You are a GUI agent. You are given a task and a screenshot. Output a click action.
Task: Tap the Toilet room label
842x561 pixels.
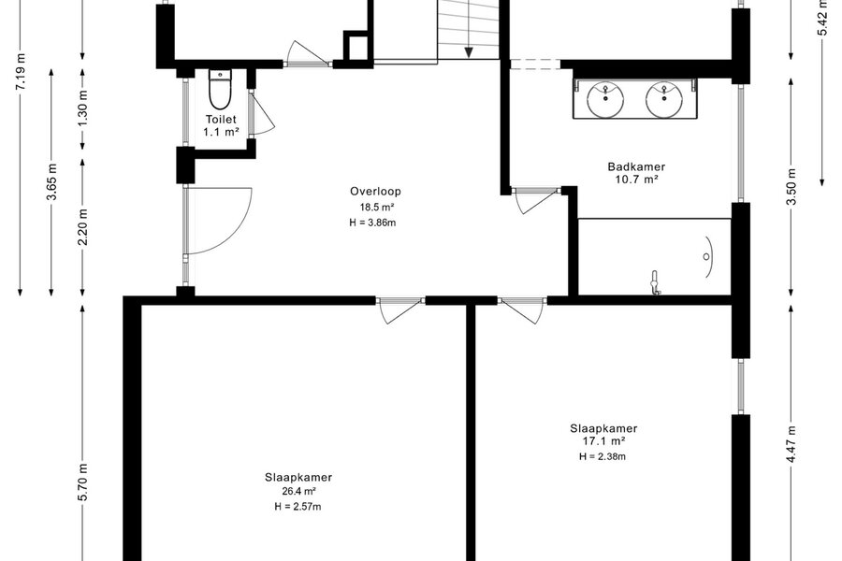[x=221, y=119]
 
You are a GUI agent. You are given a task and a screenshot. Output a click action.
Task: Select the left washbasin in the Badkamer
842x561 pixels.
[x=605, y=99]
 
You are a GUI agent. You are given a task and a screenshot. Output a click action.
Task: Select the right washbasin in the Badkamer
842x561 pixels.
[x=664, y=99]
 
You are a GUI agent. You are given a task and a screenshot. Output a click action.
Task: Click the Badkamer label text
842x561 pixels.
[x=636, y=167]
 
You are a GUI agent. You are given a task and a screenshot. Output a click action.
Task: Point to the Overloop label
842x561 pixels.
[x=375, y=191]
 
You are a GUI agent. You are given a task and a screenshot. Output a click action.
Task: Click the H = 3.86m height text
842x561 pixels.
[x=372, y=223]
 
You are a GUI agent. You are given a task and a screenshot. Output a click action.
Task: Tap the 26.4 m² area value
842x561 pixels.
[x=298, y=491]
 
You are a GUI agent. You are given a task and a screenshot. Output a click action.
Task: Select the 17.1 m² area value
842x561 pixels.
[x=603, y=441]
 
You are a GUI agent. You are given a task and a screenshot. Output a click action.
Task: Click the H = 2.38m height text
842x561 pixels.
[x=602, y=457]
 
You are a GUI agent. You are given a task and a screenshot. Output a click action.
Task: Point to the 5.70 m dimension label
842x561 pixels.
[x=83, y=482]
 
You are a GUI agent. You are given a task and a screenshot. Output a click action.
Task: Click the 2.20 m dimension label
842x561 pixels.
[x=83, y=226]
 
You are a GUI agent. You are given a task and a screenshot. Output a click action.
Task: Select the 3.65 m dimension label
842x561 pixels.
[x=52, y=180]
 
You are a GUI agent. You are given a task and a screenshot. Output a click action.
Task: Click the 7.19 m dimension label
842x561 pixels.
[x=21, y=70]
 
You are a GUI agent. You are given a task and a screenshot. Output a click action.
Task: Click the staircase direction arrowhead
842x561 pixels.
[x=469, y=52]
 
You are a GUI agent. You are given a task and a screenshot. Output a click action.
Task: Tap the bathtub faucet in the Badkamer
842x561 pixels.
[x=655, y=283]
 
